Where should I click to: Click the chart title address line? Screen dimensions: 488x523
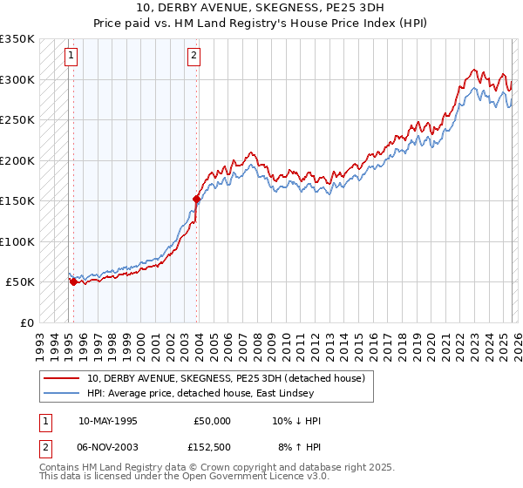click(261, 8)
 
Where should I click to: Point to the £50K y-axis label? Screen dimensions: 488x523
click(19, 282)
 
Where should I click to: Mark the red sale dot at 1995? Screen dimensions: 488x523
click(73, 281)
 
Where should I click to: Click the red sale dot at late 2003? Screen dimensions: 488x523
click(196, 199)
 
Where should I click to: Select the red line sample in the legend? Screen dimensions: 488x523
click(62, 378)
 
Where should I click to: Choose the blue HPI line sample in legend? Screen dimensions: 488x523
click(62, 393)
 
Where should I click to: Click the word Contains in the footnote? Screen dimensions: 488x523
click(60, 467)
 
